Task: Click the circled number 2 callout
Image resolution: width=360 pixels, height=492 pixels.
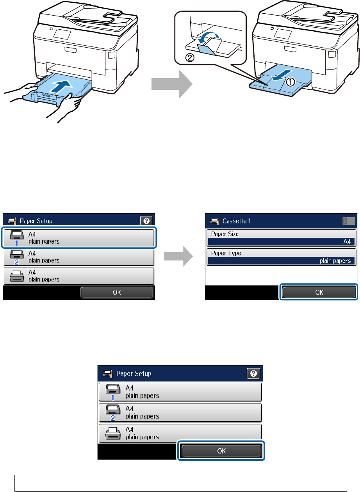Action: click(190, 58)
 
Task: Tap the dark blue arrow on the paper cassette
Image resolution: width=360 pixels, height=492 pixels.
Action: click(61, 86)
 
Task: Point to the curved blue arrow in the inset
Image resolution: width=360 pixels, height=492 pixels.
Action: click(208, 37)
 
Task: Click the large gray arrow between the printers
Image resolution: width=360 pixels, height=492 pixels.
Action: click(172, 84)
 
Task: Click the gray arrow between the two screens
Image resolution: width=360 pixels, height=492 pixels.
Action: click(178, 256)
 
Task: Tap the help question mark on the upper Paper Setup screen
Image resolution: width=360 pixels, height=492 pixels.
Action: click(146, 221)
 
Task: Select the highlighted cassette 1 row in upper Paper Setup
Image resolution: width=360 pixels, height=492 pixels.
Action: click(79, 238)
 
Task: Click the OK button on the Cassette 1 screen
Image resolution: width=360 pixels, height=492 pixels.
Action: click(319, 292)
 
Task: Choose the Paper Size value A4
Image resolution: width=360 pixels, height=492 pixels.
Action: click(347, 242)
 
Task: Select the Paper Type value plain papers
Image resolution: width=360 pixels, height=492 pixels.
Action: click(335, 261)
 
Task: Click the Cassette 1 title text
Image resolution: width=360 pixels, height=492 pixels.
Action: click(237, 221)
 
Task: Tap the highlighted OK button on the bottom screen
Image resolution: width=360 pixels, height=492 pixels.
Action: click(221, 451)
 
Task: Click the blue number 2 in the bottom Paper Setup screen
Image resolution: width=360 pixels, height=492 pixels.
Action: click(113, 418)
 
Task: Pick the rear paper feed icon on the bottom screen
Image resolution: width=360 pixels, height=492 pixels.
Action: click(113, 433)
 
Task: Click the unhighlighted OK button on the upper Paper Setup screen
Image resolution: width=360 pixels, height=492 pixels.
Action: click(117, 292)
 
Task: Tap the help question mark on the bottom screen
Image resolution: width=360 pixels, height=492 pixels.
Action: click(253, 373)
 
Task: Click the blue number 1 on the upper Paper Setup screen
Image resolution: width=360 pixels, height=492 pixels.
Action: click(16, 243)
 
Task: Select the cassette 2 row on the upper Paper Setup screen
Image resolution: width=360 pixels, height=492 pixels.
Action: click(79, 257)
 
